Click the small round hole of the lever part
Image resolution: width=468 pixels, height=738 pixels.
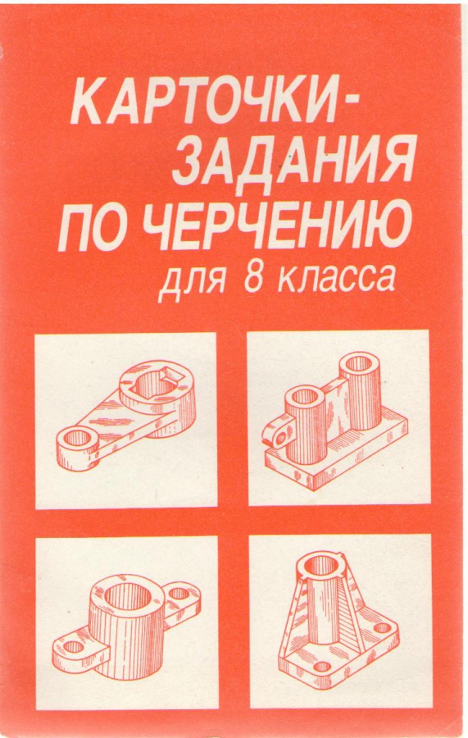[76, 438]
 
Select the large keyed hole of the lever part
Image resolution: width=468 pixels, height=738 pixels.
[154, 381]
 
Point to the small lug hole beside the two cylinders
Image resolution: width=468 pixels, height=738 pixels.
[281, 438]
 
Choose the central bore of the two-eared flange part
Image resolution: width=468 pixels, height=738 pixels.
[128, 597]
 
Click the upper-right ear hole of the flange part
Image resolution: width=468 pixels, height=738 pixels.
[179, 593]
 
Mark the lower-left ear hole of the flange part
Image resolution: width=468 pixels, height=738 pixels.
[73, 647]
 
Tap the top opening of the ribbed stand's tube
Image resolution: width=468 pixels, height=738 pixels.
[322, 564]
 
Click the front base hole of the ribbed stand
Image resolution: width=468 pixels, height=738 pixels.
[322, 666]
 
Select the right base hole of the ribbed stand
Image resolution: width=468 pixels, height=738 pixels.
[383, 627]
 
